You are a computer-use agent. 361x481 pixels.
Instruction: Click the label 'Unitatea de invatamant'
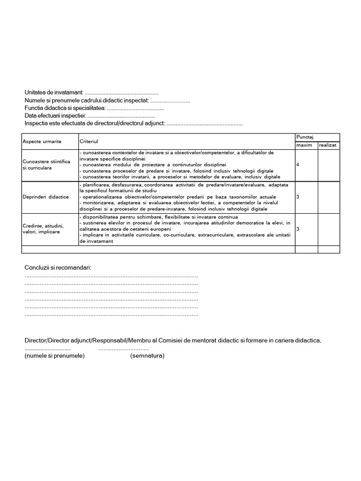coord(54,93)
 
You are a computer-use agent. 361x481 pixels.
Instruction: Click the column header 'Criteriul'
coord(89,141)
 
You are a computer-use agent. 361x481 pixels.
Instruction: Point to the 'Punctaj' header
coord(305,137)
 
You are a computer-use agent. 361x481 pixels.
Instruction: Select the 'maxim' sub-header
coord(304,145)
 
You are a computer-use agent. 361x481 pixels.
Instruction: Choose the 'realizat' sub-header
coord(328,145)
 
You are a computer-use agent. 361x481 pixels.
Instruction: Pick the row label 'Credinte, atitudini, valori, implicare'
coord(43,229)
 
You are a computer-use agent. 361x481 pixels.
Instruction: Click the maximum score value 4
coord(298,164)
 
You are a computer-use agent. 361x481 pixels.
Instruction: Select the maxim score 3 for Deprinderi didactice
coord(298,196)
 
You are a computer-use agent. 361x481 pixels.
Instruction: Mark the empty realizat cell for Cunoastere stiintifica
coord(329,164)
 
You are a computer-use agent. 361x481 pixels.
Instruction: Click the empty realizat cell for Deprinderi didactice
coord(329,196)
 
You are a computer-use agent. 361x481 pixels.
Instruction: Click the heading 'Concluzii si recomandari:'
coord(58,268)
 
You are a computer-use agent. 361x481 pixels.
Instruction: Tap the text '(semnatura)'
coord(147,356)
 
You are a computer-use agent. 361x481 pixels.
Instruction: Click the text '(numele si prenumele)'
coord(55,356)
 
